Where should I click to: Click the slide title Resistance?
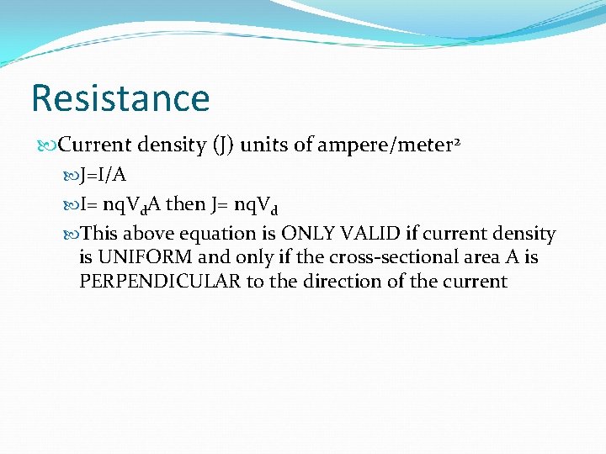[120, 98]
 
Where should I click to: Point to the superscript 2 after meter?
[458, 140]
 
